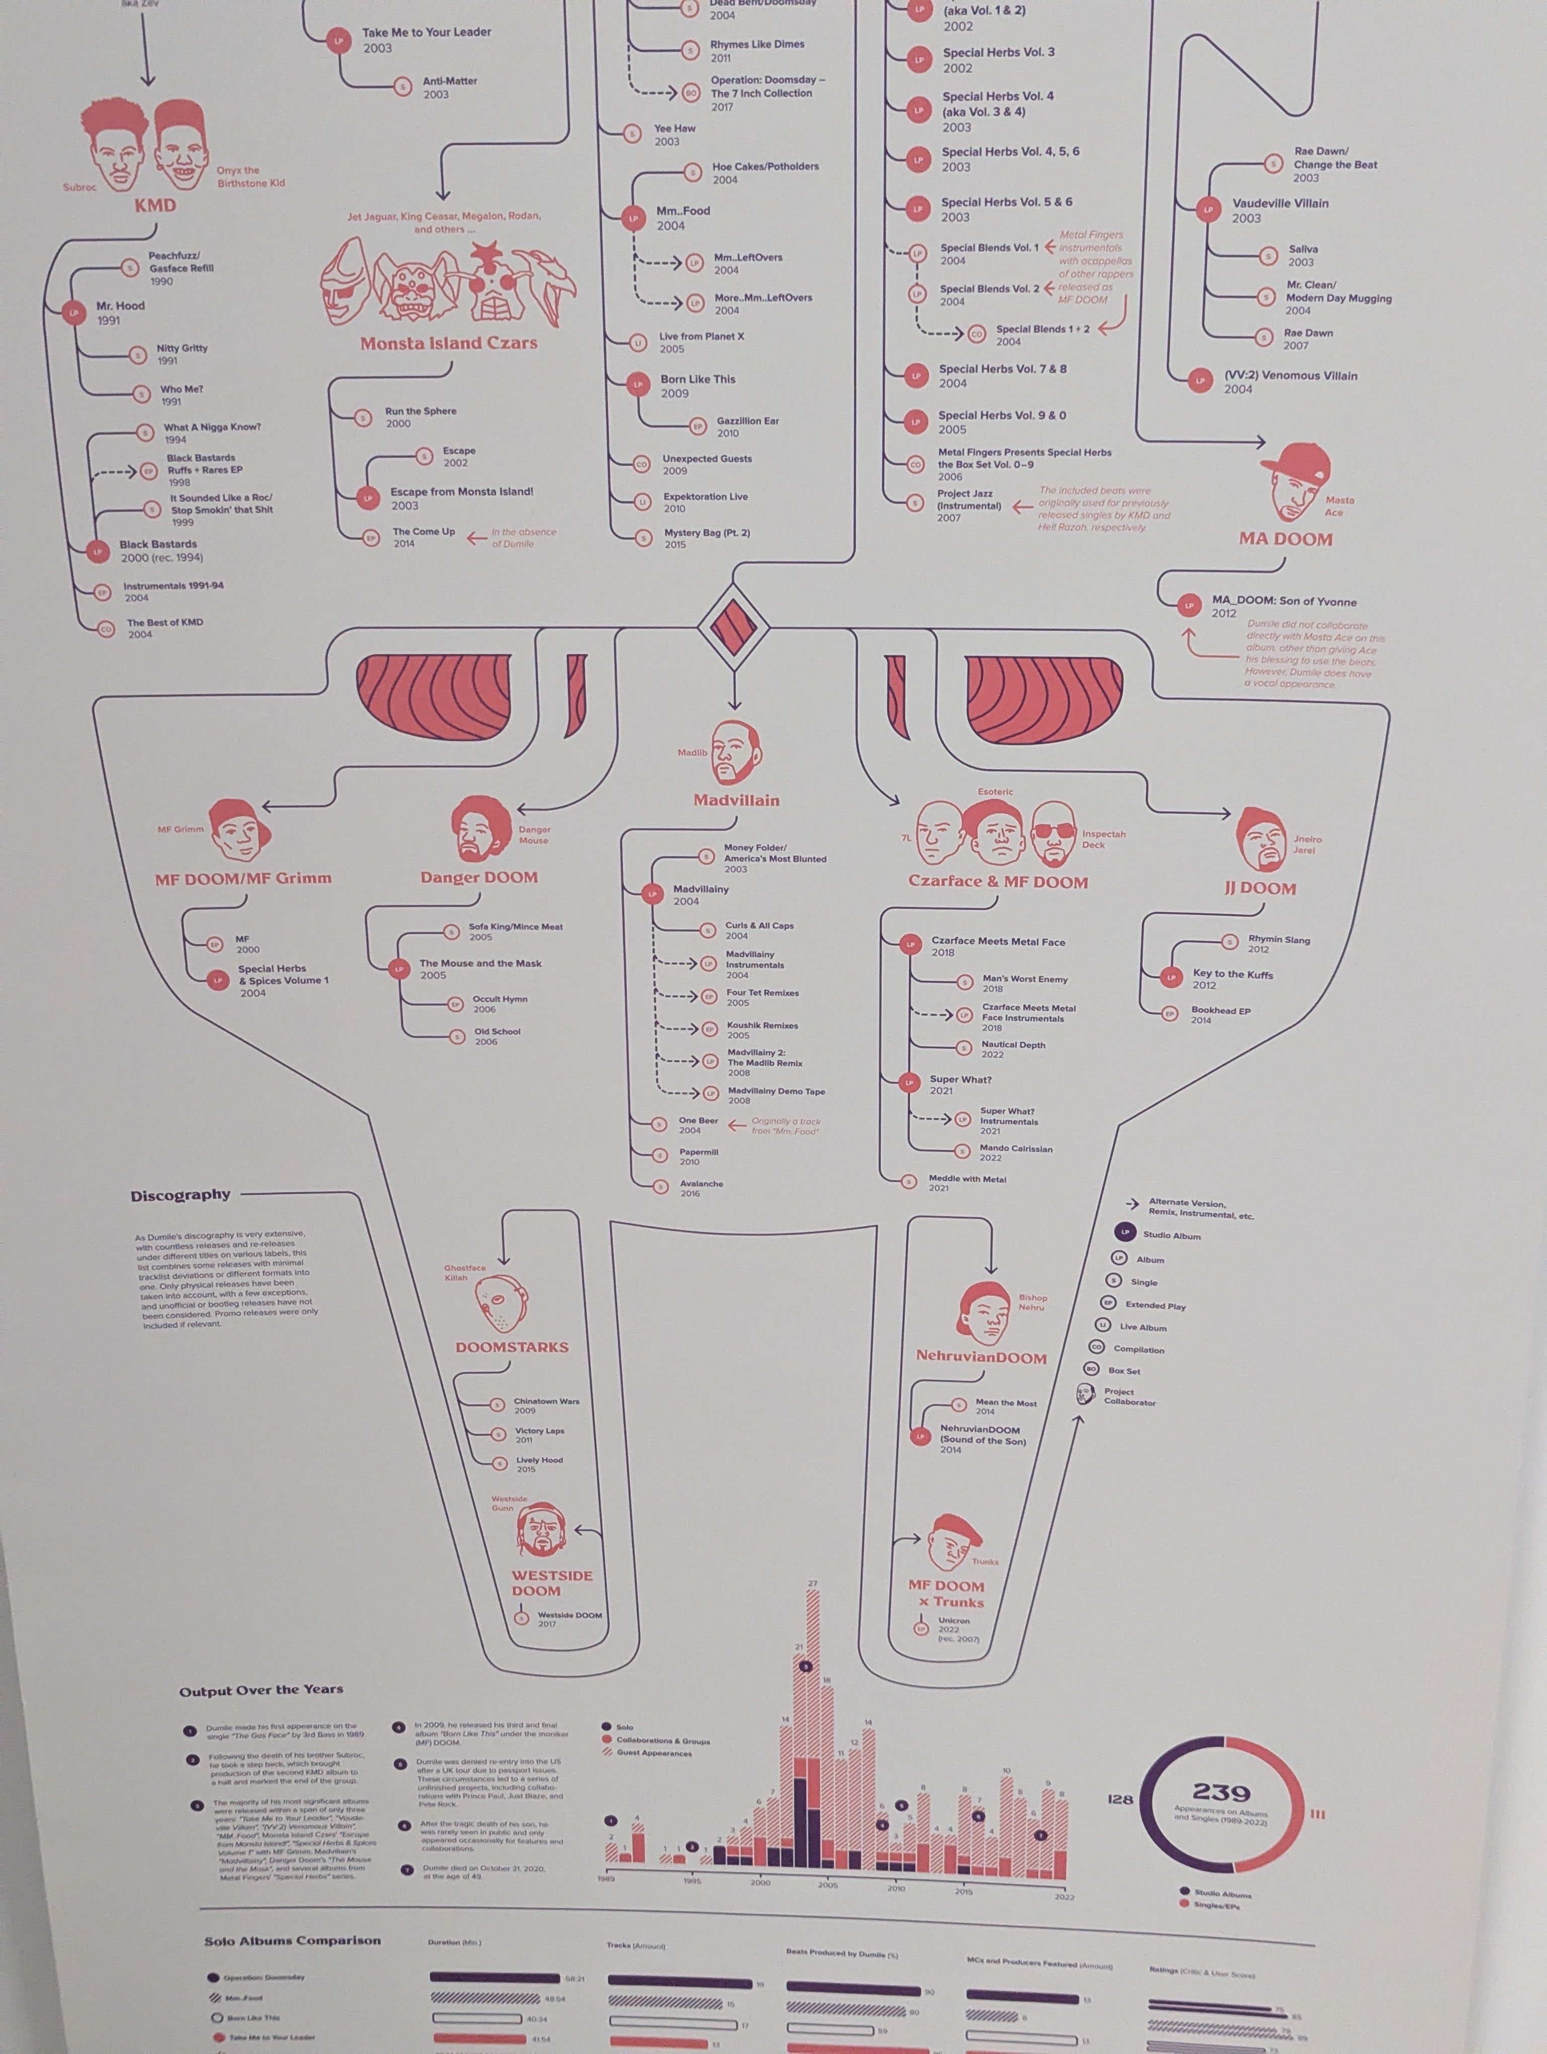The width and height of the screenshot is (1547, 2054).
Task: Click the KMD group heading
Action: pos(155,205)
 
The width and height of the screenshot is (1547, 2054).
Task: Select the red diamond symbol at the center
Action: pos(734,627)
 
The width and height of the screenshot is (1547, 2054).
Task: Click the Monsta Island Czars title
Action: pos(449,343)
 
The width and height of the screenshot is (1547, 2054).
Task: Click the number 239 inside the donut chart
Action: pos(1221,1792)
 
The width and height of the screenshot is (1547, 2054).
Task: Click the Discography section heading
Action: pos(180,1195)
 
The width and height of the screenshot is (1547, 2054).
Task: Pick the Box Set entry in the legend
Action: pos(1123,1370)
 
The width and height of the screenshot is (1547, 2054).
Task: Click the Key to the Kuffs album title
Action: pos(1232,974)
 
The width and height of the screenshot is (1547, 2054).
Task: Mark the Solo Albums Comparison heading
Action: pos(293,1941)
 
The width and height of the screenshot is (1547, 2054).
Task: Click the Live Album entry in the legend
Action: pos(1142,1327)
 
